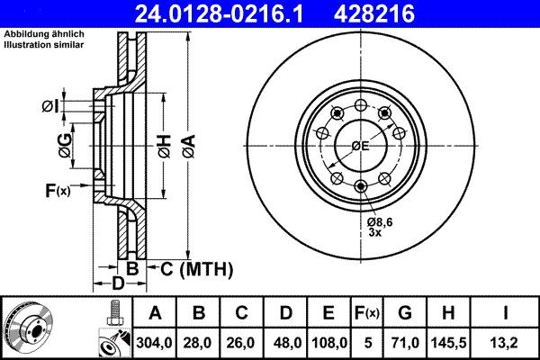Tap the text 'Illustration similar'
(44, 44)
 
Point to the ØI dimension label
(50, 107)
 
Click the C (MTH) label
(184, 267)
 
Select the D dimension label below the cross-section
(116, 284)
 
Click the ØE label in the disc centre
(360, 146)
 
